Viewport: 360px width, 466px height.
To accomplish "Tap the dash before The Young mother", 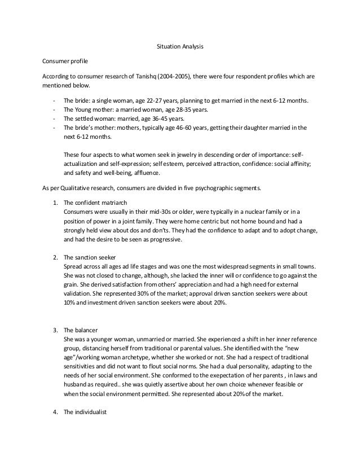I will (52, 109).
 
